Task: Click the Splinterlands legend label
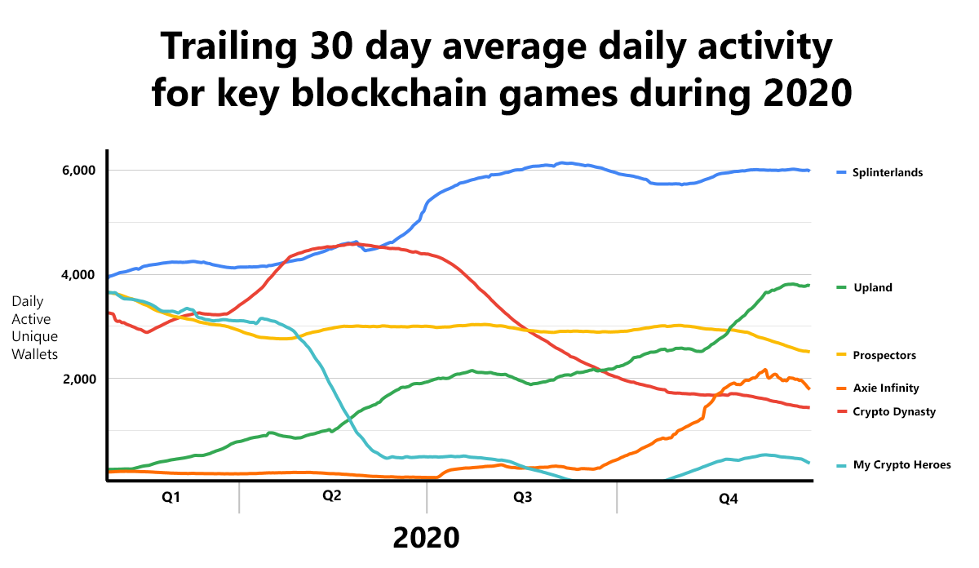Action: coord(888,172)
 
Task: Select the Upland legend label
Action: coord(872,287)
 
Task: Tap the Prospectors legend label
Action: coord(884,355)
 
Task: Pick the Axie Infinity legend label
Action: coord(886,388)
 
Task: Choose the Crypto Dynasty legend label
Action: coord(894,411)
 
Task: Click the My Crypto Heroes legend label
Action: coord(901,464)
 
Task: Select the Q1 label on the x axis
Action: coord(171,497)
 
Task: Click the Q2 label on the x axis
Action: coord(331,497)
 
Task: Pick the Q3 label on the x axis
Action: coord(523,497)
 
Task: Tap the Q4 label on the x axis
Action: coord(728,498)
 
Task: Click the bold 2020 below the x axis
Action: coord(427,537)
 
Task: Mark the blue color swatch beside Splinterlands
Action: coord(841,172)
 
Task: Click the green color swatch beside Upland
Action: coord(841,287)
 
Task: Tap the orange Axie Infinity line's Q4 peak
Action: coord(764,370)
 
